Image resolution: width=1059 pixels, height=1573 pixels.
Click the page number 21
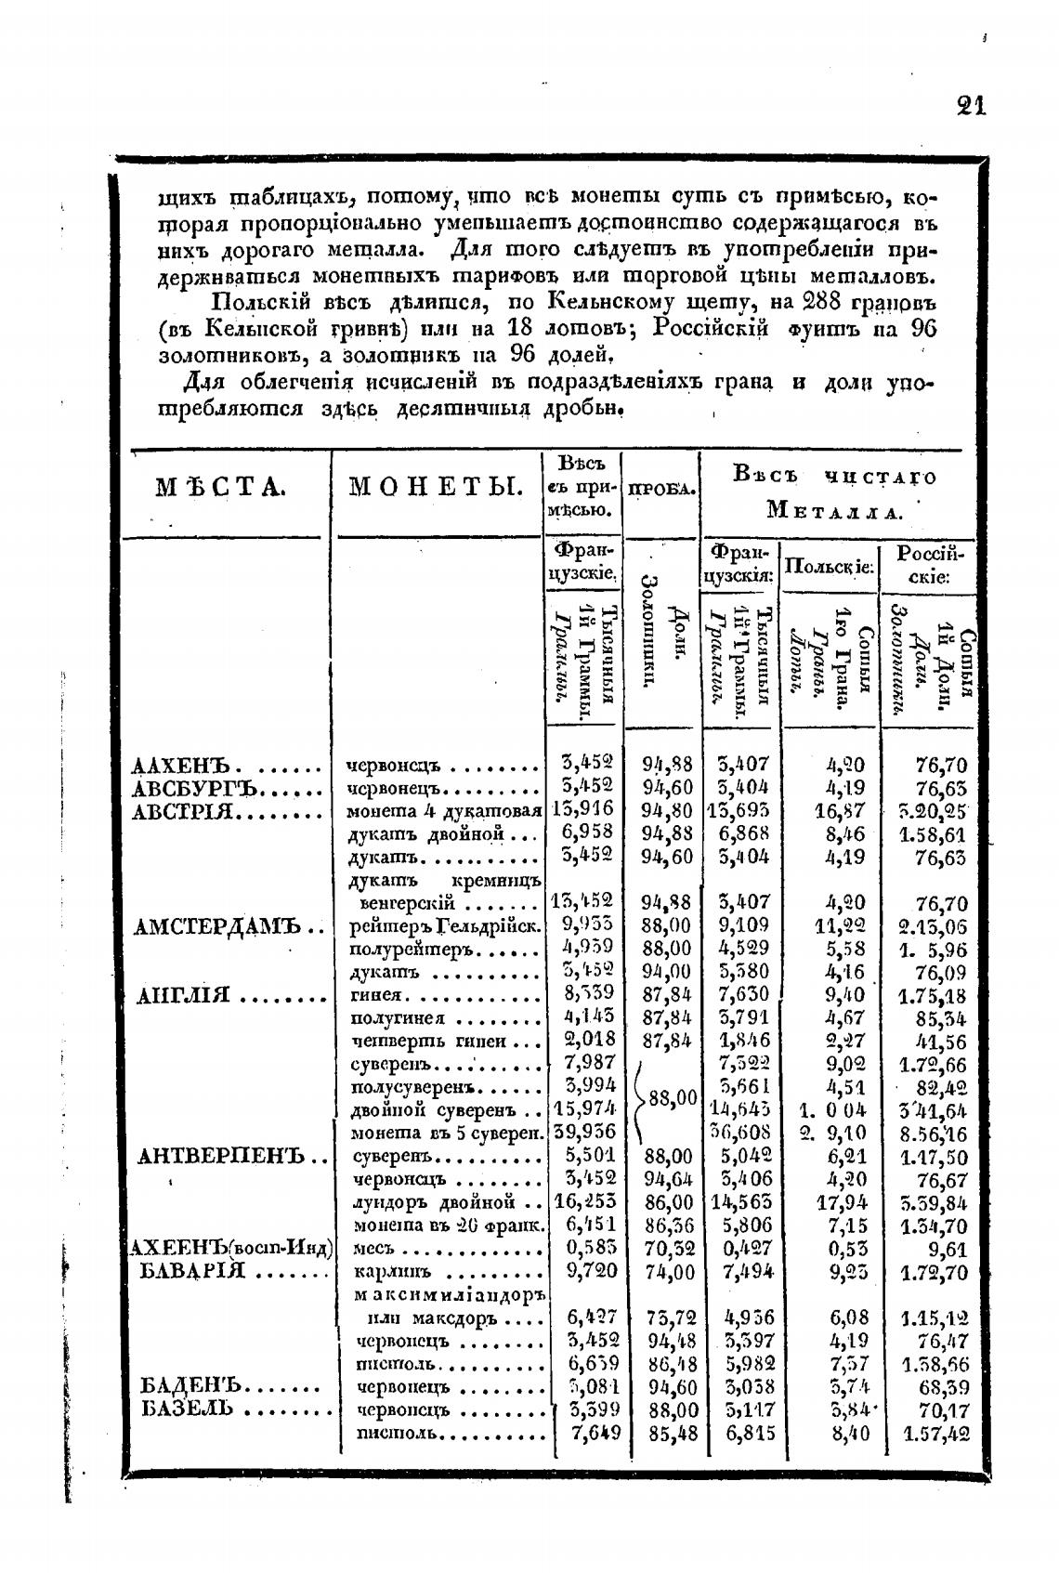(970, 104)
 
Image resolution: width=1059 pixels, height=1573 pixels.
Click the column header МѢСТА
(220, 488)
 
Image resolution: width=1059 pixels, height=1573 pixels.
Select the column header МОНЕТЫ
(436, 488)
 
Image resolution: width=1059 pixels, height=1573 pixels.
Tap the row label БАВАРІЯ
(192, 1271)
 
